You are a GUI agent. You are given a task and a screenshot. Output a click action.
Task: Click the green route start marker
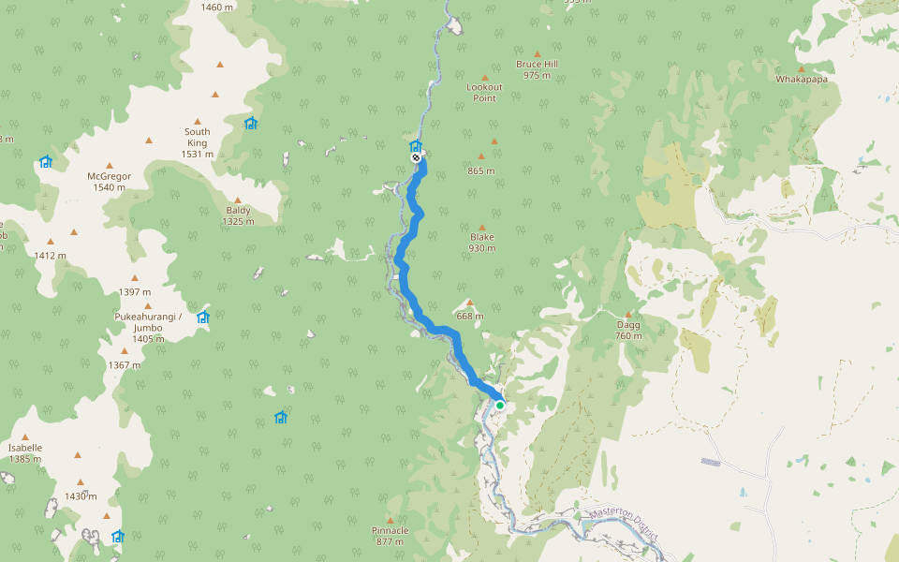click(x=500, y=405)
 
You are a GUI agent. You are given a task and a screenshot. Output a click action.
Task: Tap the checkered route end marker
click(x=416, y=157)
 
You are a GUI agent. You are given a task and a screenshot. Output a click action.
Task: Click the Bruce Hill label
click(x=537, y=69)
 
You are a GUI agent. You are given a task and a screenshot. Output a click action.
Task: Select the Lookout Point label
click(x=484, y=92)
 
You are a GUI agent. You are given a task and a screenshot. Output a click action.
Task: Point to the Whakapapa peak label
click(x=802, y=80)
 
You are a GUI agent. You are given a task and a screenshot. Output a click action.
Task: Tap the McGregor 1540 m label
click(x=109, y=182)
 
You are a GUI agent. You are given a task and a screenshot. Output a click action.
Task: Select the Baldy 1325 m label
click(x=238, y=215)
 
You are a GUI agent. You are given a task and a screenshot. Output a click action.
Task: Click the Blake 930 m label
click(x=482, y=243)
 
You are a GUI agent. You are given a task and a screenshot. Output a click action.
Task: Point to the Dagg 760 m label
click(x=628, y=330)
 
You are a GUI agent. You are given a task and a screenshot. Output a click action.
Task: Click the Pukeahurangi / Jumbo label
click(x=147, y=322)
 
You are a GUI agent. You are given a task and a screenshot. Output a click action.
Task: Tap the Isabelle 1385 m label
click(x=25, y=453)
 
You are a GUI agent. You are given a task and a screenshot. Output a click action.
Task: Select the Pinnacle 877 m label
click(x=390, y=536)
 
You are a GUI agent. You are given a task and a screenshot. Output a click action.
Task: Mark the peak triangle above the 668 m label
click(x=470, y=303)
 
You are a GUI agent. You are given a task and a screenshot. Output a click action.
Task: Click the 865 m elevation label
click(x=481, y=170)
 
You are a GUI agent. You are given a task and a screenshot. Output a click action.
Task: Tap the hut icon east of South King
click(x=250, y=124)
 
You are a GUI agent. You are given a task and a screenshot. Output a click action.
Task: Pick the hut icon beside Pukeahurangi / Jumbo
click(x=202, y=318)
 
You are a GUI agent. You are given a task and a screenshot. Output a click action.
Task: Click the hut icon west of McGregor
click(x=45, y=162)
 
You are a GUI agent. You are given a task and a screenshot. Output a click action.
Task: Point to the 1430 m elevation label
click(x=81, y=496)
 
